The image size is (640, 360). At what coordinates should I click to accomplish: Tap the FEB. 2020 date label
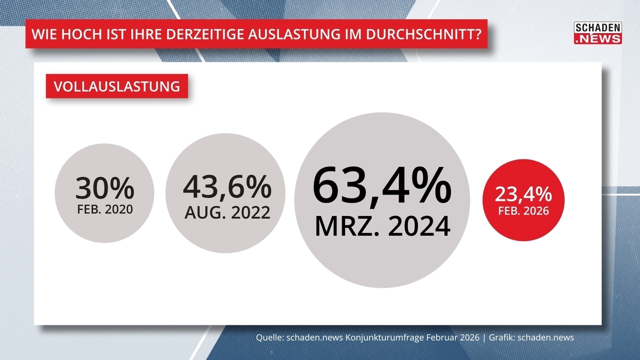105,209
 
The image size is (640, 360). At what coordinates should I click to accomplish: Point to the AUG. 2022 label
227,212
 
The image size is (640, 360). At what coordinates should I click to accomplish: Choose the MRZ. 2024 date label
382,226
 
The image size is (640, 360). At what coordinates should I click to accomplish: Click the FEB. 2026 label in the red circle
523,211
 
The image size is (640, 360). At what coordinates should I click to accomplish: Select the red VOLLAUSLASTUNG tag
116,86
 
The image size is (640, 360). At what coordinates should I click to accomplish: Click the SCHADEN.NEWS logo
597,33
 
